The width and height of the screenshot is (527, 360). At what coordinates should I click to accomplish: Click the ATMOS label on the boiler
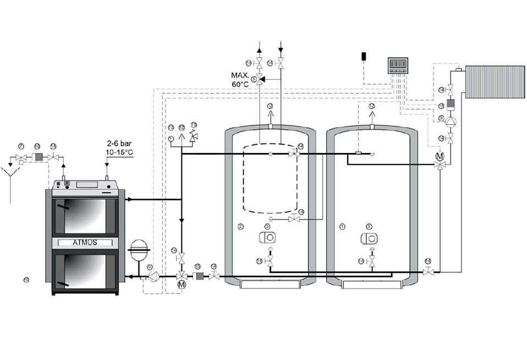tap(85, 242)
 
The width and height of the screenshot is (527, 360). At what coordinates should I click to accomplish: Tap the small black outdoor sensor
tap(364, 56)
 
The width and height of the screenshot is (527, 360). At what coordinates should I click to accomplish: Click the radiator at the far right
tap(495, 81)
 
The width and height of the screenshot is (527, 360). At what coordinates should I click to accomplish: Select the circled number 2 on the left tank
tap(240, 227)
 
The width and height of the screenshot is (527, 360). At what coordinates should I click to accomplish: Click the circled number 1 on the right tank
tap(342, 226)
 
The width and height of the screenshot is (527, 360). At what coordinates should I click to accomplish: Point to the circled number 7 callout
tap(21, 146)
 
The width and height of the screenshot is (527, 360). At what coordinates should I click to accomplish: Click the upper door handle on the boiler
tap(63, 208)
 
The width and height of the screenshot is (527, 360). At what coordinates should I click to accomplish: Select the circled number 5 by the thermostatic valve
tap(254, 79)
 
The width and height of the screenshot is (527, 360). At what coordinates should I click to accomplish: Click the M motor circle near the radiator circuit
tap(440, 156)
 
